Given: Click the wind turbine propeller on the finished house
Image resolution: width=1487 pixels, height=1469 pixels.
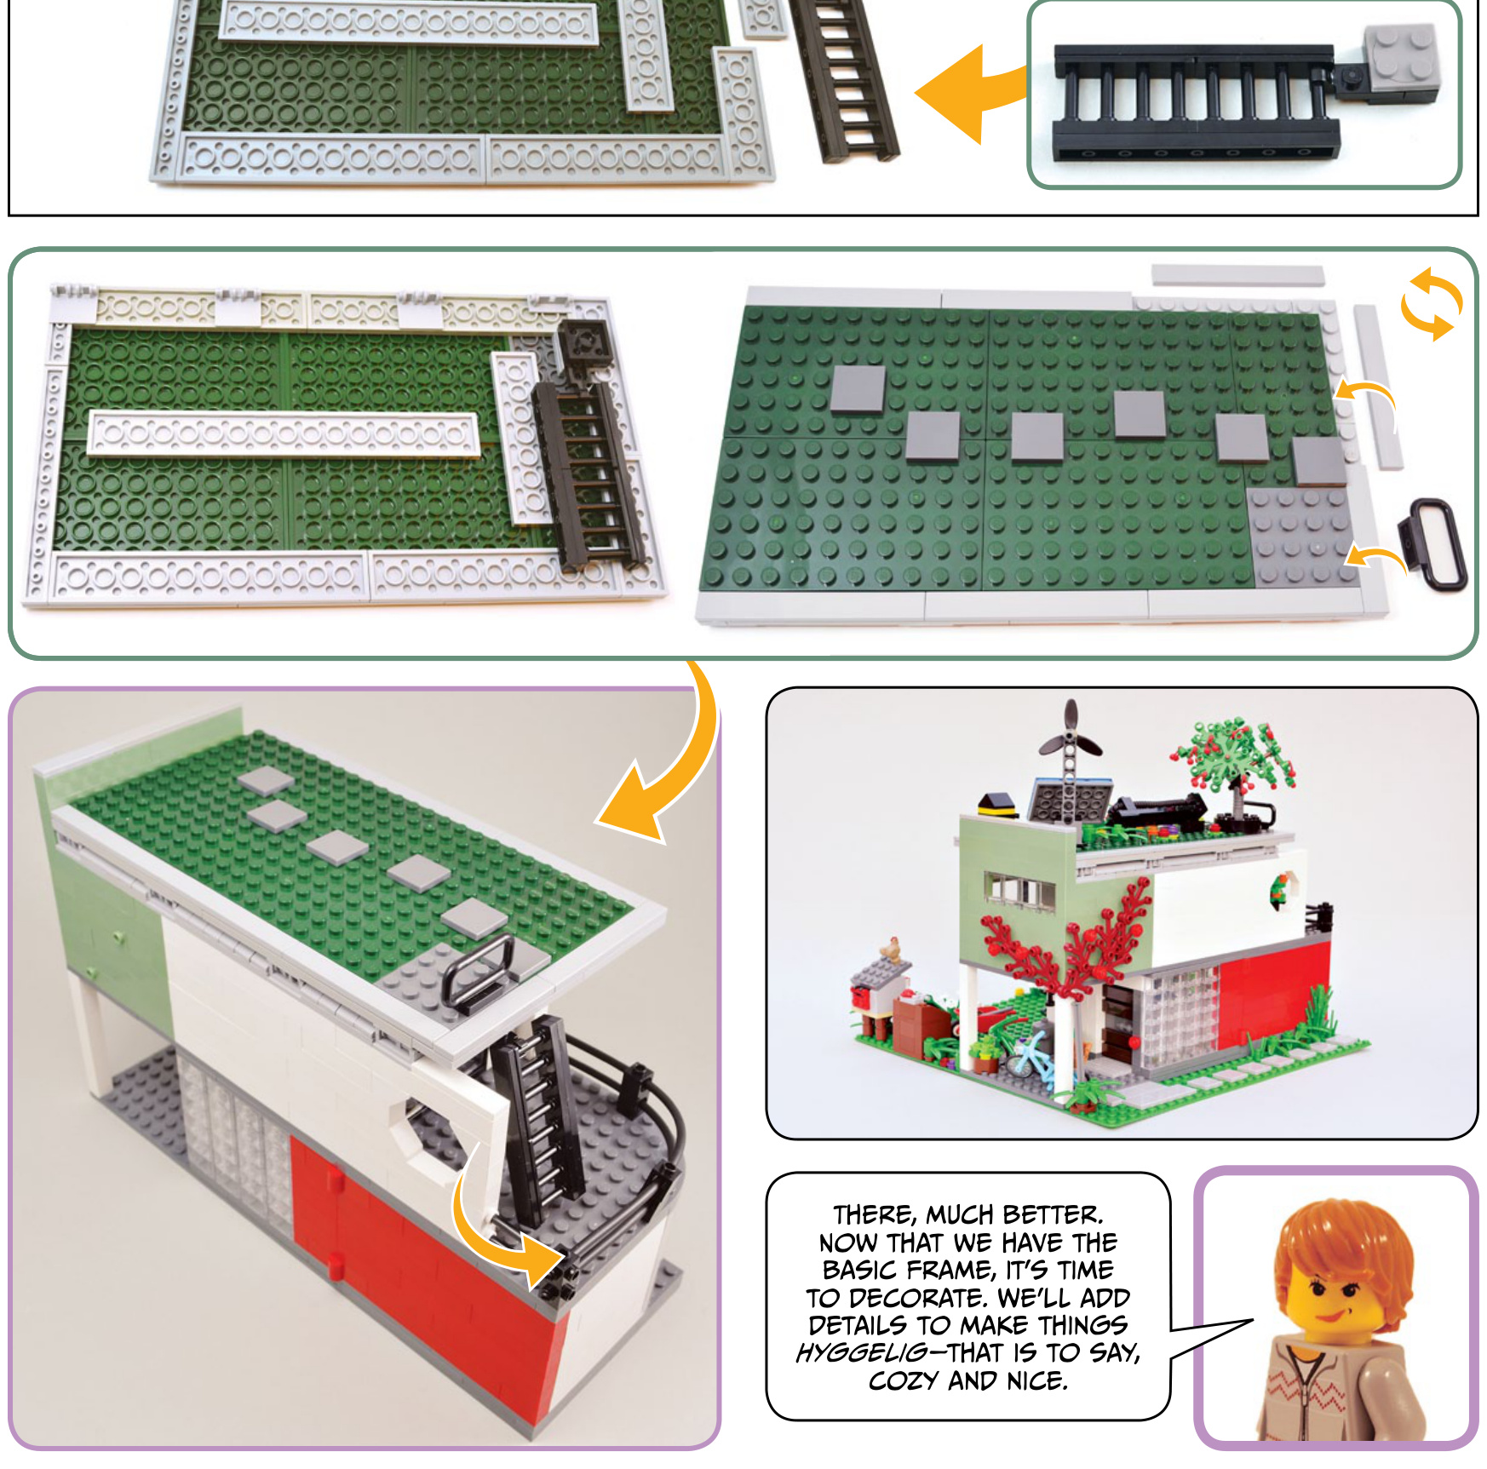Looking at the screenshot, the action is pyautogui.click(x=1071, y=737).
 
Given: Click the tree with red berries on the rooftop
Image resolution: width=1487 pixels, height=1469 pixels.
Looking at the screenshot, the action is pyautogui.click(x=1233, y=760).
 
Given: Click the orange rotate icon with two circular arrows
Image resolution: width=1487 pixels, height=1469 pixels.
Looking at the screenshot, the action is pyautogui.click(x=1431, y=304).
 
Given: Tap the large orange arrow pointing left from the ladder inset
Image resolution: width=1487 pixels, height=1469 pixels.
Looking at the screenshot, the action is pyautogui.click(x=971, y=94).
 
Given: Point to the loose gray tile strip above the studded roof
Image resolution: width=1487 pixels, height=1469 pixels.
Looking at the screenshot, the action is pyautogui.click(x=1238, y=275).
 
